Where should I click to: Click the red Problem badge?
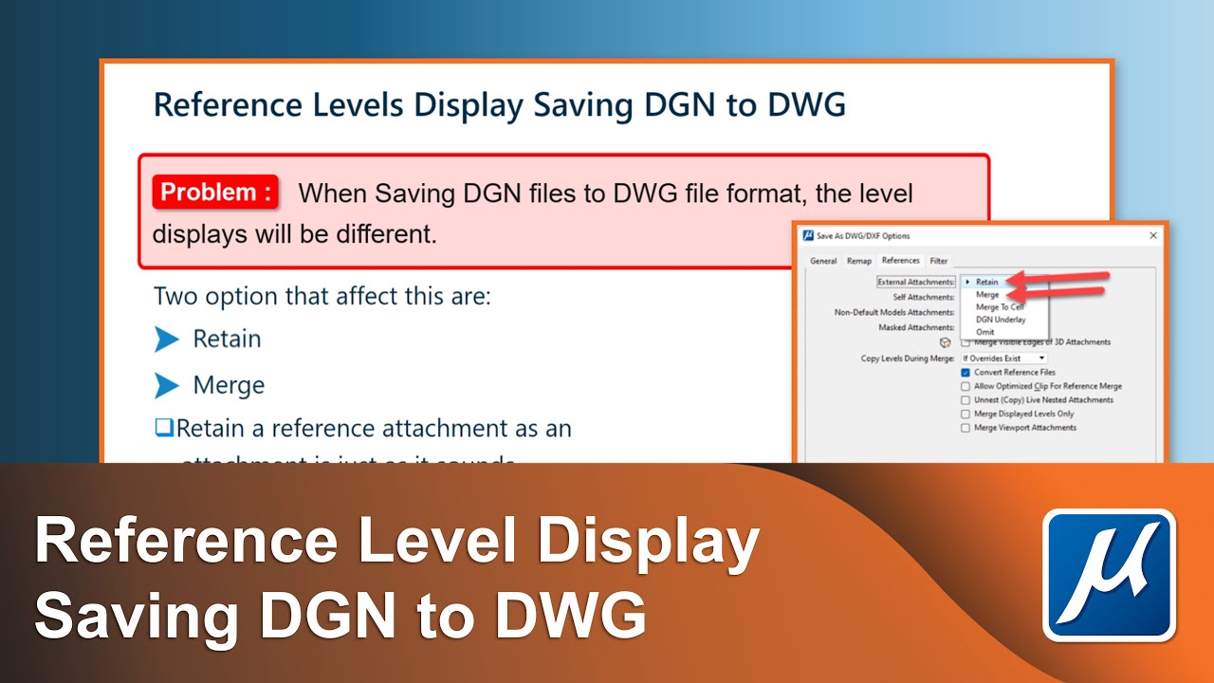click(x=216, y=193)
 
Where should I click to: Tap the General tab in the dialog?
click(x=823, y=261)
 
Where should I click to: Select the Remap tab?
click(x=859, y=261)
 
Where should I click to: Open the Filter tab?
click(x=938, y=261)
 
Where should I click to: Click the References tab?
click(x=900, y=261)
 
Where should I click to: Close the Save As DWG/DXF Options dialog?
click(x=1153, y=235)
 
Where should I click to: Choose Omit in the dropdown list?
click(x=985, y=332)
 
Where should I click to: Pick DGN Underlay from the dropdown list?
click(x=1001, y=320)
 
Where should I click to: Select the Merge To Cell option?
click(x=1000, y=307)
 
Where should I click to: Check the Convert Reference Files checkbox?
click(x=966, y=373)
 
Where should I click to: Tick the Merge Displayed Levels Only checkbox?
click(x=966, y=414)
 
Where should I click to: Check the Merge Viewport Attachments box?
click(x=966, y=428)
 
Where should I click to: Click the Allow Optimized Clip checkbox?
click(x=966, y=386)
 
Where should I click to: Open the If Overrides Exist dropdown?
click(x=1003, y=359)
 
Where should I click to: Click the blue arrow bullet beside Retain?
click(x=167, y=339)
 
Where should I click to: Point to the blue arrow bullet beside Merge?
click(x=167, y=385)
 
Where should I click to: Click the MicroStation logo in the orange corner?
click(x=1109, y=576)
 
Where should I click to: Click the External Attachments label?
click(x=916, y=282)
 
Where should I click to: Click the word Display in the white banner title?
click(x=645, y=544)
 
